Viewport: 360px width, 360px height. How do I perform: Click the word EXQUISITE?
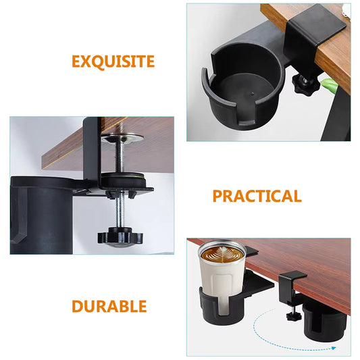[x=113, y=62]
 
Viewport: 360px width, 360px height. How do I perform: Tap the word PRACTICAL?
[x=257, y=197]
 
